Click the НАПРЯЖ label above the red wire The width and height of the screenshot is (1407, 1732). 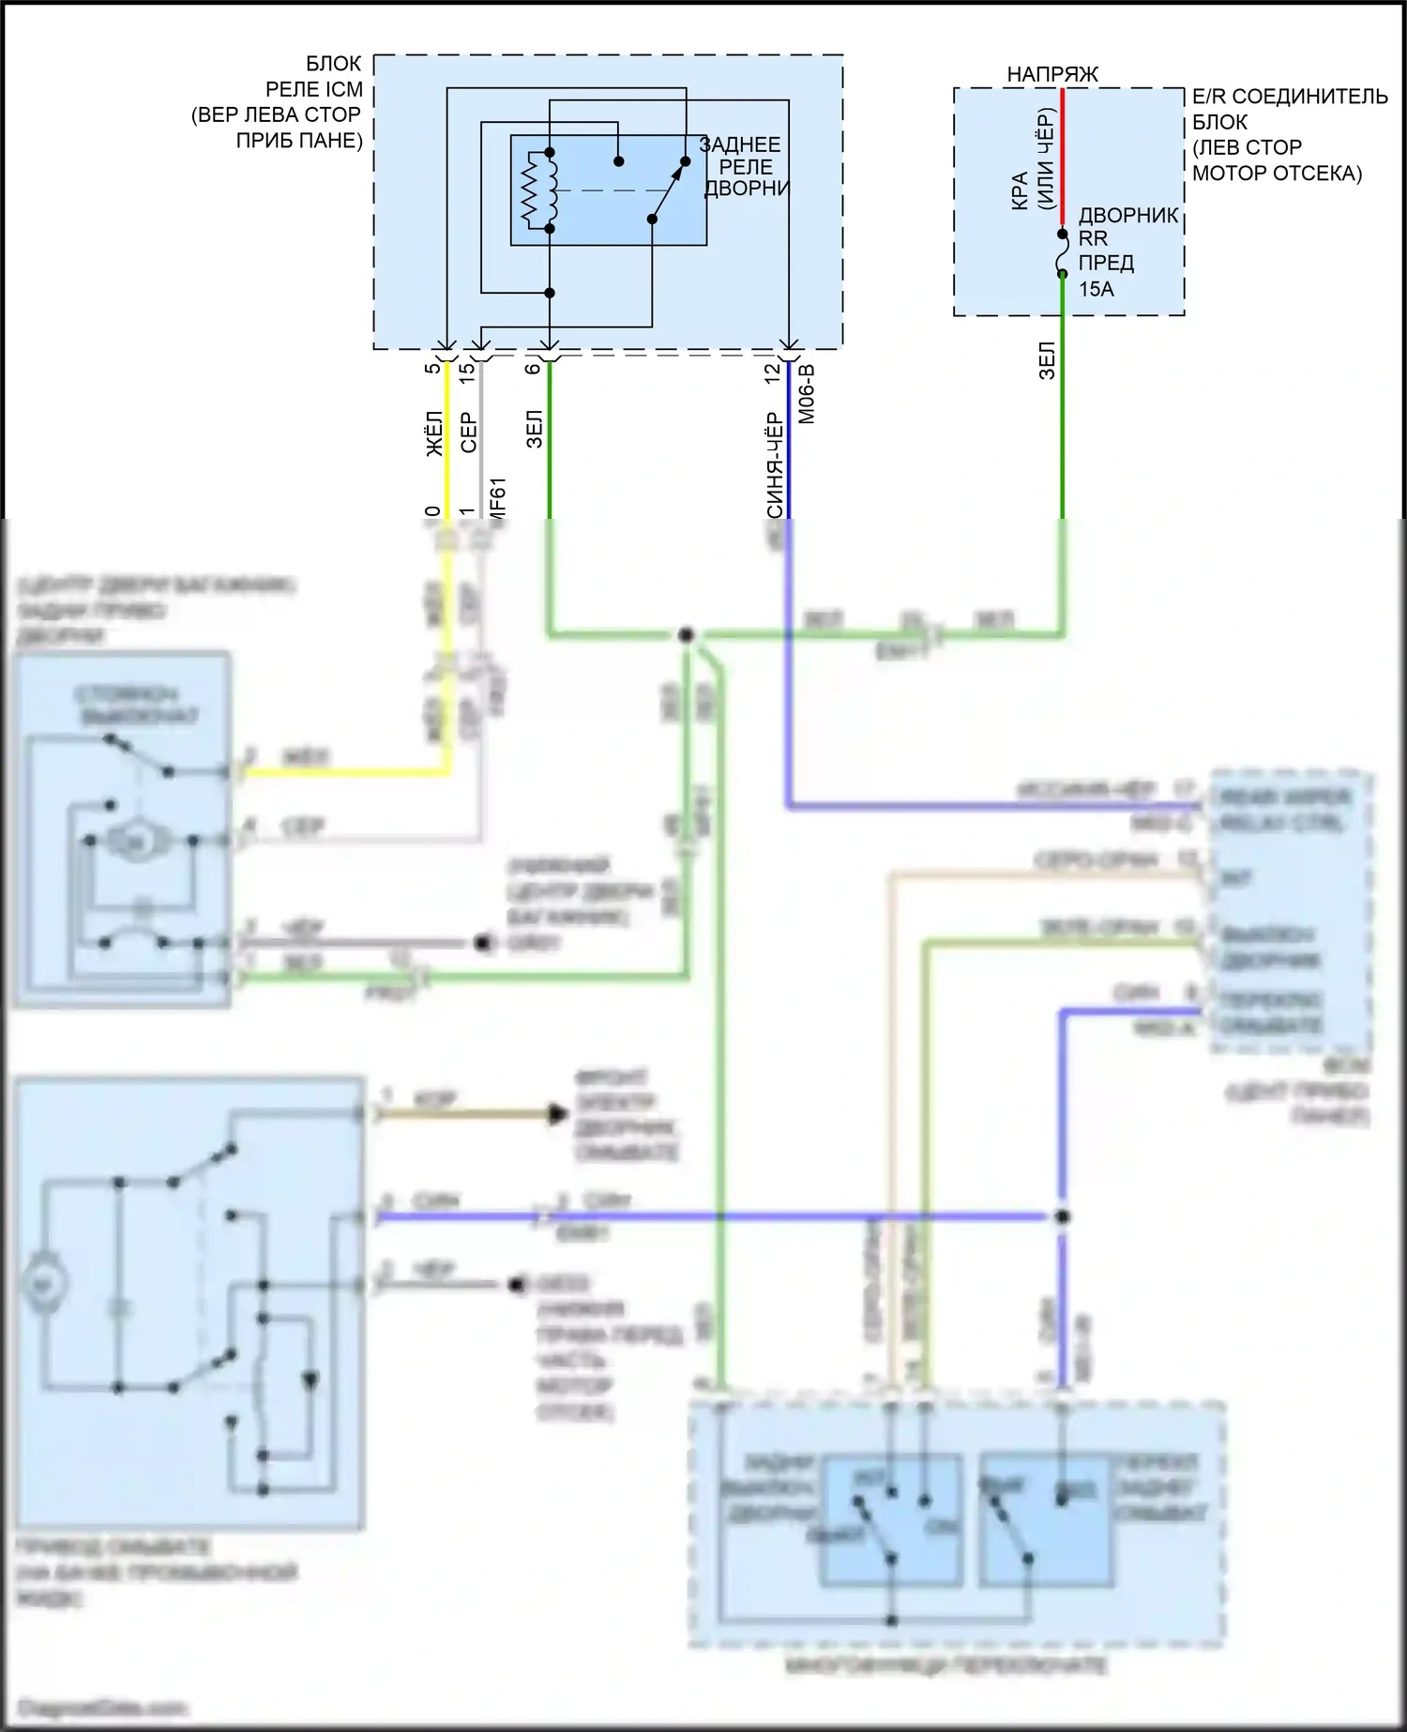[x=1051, y=74]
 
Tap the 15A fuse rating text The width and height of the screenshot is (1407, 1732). [x=1096, y=289]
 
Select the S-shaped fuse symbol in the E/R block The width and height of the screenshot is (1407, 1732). [x=1063, y=253]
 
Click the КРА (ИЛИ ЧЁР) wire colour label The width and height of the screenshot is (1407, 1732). [x=1034, y=160]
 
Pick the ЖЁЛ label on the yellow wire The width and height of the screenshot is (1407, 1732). [x=434, y=433]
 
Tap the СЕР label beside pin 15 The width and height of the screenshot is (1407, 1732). [x=468, y=433]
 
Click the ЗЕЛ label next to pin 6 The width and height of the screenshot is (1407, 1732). [x=535, y=429]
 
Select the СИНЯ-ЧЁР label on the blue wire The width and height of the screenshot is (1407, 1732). [x=774, y=464]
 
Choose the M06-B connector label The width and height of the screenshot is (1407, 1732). [x=806, y=394]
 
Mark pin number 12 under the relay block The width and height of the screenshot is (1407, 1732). [x=772, y=372]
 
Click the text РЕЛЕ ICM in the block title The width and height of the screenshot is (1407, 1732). [x=313, y=90]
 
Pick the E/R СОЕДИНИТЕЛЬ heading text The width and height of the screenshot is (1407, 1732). [x=1289, y=97]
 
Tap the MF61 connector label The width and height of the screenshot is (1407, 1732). [x=497, y=497]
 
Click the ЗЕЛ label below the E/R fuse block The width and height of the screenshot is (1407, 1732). [x=1048, y=360]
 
